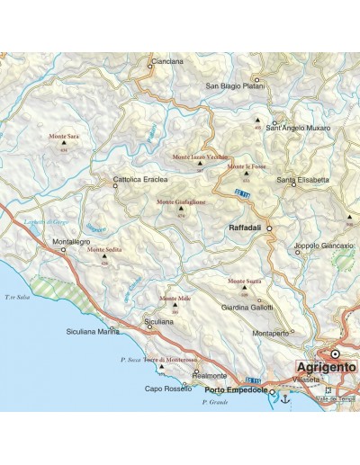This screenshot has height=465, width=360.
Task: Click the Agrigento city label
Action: tap(327, 368)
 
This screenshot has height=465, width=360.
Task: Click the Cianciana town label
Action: tap(167, 61)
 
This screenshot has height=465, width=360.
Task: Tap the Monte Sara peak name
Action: tap(64, 136)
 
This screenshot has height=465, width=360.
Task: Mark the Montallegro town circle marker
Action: tap(63, 249)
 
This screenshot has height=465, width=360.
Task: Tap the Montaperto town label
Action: tap(271, 333)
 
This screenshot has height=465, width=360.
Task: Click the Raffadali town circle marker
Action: tap(268, 228)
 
